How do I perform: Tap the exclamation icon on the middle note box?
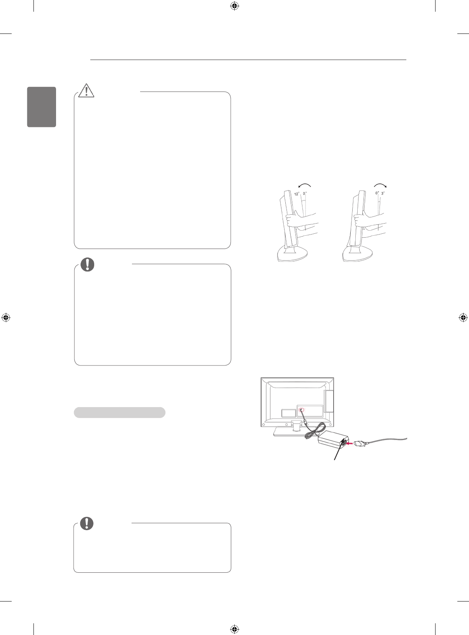pos(87,264)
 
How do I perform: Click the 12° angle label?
pos(296,194)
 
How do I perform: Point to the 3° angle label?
pos(383,193)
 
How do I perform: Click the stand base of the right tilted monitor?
pos(358,255)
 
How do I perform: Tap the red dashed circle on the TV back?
pos(302,410)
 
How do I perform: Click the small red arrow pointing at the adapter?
pos(350,443)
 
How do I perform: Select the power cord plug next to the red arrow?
pos(360,443)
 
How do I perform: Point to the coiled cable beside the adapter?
pos(314,432)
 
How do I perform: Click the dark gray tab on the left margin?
pos(42,107)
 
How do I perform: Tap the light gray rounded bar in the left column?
pos(119,413)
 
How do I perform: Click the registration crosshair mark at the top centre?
pos(234,6)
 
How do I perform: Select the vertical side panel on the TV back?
pos(328,402)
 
